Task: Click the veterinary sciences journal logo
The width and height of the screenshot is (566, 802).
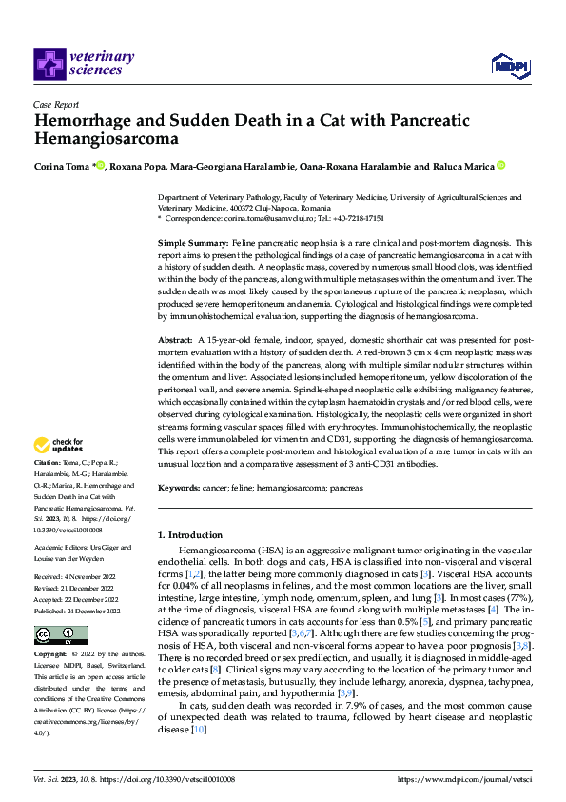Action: [x=78, y=63]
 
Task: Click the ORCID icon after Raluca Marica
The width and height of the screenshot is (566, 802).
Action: [x=500, y=166]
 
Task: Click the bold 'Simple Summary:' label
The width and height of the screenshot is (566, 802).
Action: [x=186, y=245]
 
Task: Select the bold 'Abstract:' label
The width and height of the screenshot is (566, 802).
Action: [x=177, y=339]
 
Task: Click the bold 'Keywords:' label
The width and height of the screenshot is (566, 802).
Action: [x=179, y=487]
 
